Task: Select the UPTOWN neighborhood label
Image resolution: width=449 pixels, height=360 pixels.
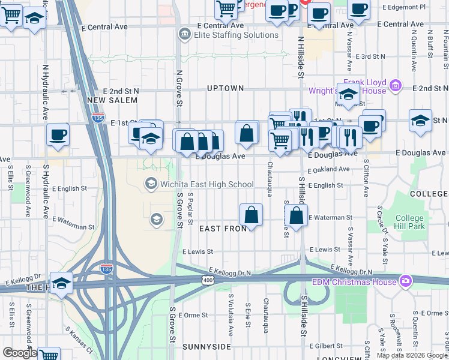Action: click(x=225, y=88)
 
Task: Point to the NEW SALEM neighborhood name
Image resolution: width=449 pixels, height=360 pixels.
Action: click(x=109, y=100)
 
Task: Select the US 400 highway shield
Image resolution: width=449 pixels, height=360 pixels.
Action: click(x=208, y=280)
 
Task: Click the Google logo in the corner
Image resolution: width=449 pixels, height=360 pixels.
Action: click(x=19, y=353)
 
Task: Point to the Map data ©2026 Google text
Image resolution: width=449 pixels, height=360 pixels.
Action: click(x=412, y=355)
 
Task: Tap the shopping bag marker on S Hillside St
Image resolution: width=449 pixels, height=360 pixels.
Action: click(x=296, y=216)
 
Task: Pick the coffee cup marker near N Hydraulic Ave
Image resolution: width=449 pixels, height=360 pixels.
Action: click(x=58, y=136)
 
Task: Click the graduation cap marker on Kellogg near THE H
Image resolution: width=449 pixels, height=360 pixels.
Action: click(x=61, y=283)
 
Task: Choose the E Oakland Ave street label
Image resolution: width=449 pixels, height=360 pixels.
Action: click(x=328, y=170)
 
